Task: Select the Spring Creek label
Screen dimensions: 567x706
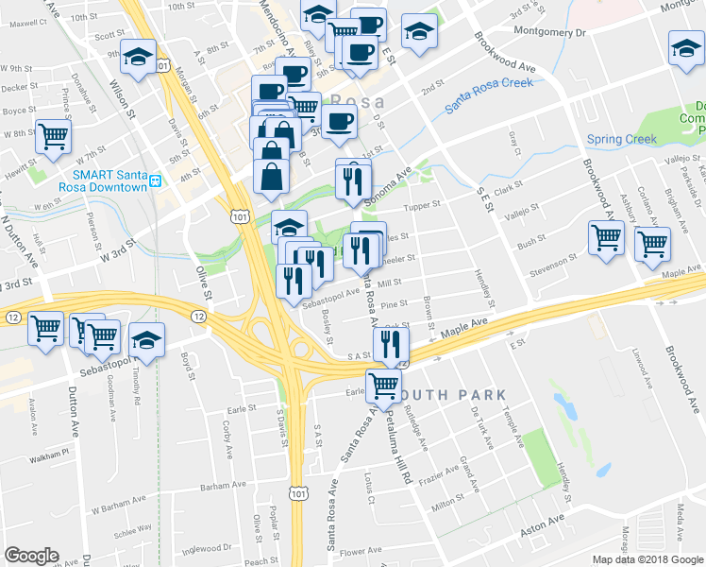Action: [x=621, y=140]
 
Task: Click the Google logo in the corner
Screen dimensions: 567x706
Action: [x=31, y=556]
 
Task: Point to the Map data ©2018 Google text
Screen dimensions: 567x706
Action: [x=647, y=559]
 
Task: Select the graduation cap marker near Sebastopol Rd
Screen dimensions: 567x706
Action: [x=147, y=340]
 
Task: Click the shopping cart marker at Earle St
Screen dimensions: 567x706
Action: [x=383, y=385]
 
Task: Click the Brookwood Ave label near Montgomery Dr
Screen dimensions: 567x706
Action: [x=506, y=54]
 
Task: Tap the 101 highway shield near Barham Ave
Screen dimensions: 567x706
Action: [x=298, y=493]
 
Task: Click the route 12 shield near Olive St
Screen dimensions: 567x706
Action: [x=200, y=315]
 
